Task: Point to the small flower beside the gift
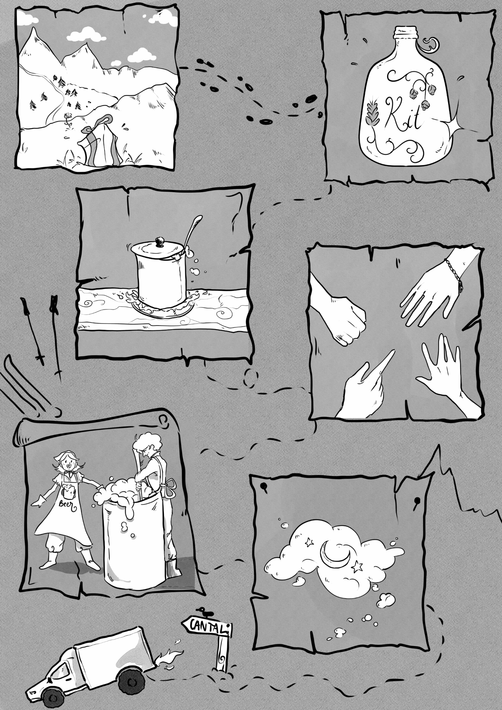68,120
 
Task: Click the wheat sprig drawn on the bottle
372,115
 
